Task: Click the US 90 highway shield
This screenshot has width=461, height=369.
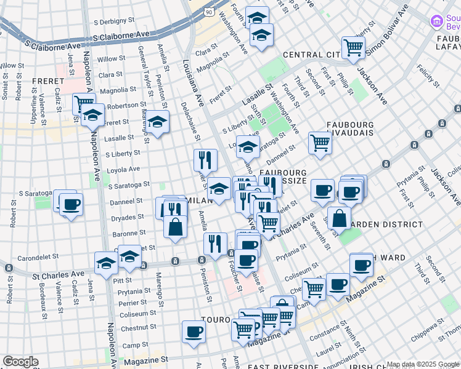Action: point(209,12)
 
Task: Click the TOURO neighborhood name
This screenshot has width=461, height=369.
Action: point(216,321)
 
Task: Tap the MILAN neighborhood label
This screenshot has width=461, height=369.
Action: point(195,200)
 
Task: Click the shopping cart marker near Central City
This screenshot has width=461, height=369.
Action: point(353,47)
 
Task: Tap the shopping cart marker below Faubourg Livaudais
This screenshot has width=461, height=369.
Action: point(320,143)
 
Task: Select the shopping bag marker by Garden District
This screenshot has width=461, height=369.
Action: point(339,217)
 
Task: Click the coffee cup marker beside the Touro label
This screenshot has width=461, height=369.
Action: point(194,332)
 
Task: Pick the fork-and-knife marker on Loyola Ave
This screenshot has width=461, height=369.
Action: point(205,160)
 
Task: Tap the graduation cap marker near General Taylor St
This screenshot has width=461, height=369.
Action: point(157,121)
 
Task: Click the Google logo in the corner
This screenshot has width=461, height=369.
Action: point(20,362)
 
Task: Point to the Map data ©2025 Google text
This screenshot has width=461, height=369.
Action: point(423,364)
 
